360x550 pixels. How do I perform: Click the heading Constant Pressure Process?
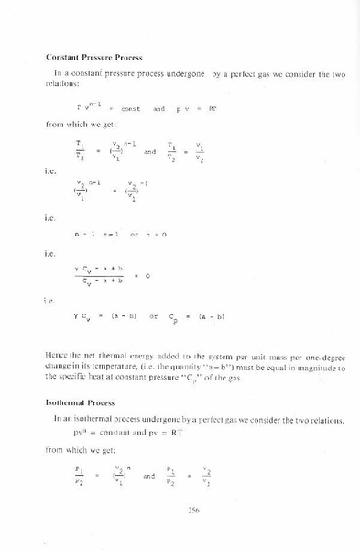91,57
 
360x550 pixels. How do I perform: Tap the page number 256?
192,511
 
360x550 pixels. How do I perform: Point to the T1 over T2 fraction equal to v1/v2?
171,149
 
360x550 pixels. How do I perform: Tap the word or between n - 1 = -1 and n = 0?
134,236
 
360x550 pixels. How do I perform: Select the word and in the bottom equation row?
148,478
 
